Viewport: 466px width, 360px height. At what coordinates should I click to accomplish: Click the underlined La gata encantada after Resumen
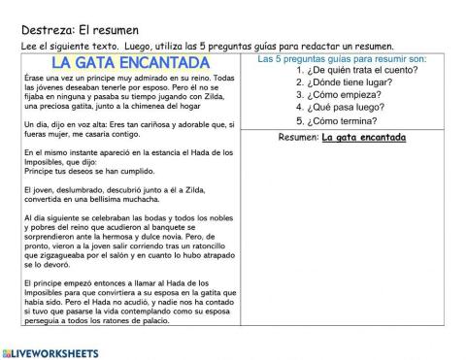[x=363, y=137]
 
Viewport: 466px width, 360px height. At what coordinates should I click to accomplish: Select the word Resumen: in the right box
[x=298, y=137]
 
